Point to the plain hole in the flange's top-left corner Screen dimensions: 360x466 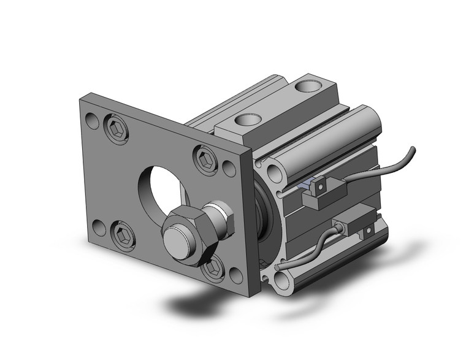92,120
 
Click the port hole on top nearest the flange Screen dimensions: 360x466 248,120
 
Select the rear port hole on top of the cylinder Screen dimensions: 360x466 305,86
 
